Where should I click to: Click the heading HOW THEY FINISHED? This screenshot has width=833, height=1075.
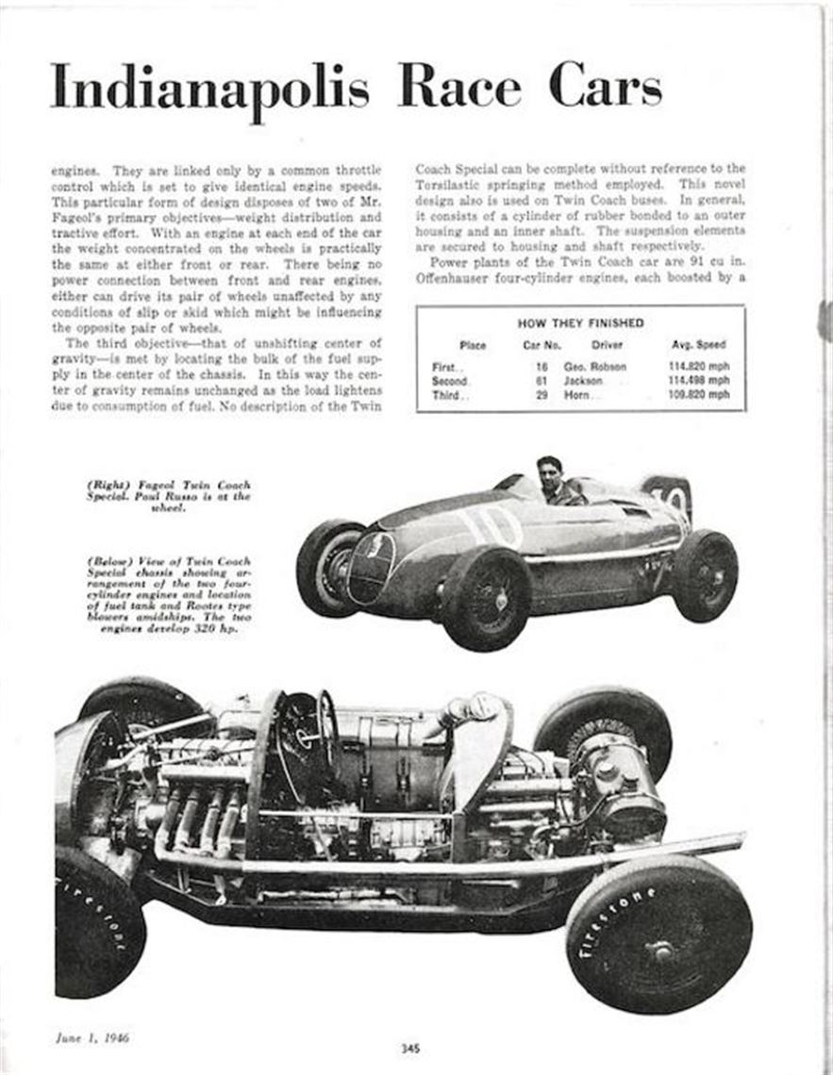point(580,322)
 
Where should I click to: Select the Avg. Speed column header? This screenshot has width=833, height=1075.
point(698,345)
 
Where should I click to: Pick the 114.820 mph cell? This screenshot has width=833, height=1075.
point(698,366)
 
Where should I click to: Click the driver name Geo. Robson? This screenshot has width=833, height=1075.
point(595,366)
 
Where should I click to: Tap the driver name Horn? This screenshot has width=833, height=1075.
point(576,395)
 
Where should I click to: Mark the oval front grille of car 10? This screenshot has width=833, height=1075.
point(371,567)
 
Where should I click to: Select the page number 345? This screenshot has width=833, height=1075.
point(408,1048)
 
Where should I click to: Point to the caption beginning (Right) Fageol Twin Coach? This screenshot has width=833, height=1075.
point(168,495)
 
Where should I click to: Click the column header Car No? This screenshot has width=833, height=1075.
point(541,345)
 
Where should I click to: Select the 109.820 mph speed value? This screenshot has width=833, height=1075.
point(698,395)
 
